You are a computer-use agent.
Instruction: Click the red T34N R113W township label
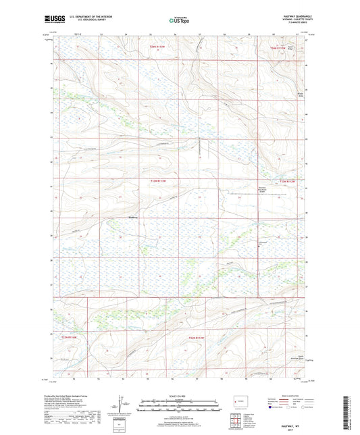157,47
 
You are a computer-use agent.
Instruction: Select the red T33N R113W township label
157,181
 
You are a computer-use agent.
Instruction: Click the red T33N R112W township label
286,181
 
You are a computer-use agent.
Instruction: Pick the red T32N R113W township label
196,337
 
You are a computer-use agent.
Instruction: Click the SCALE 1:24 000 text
180,396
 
